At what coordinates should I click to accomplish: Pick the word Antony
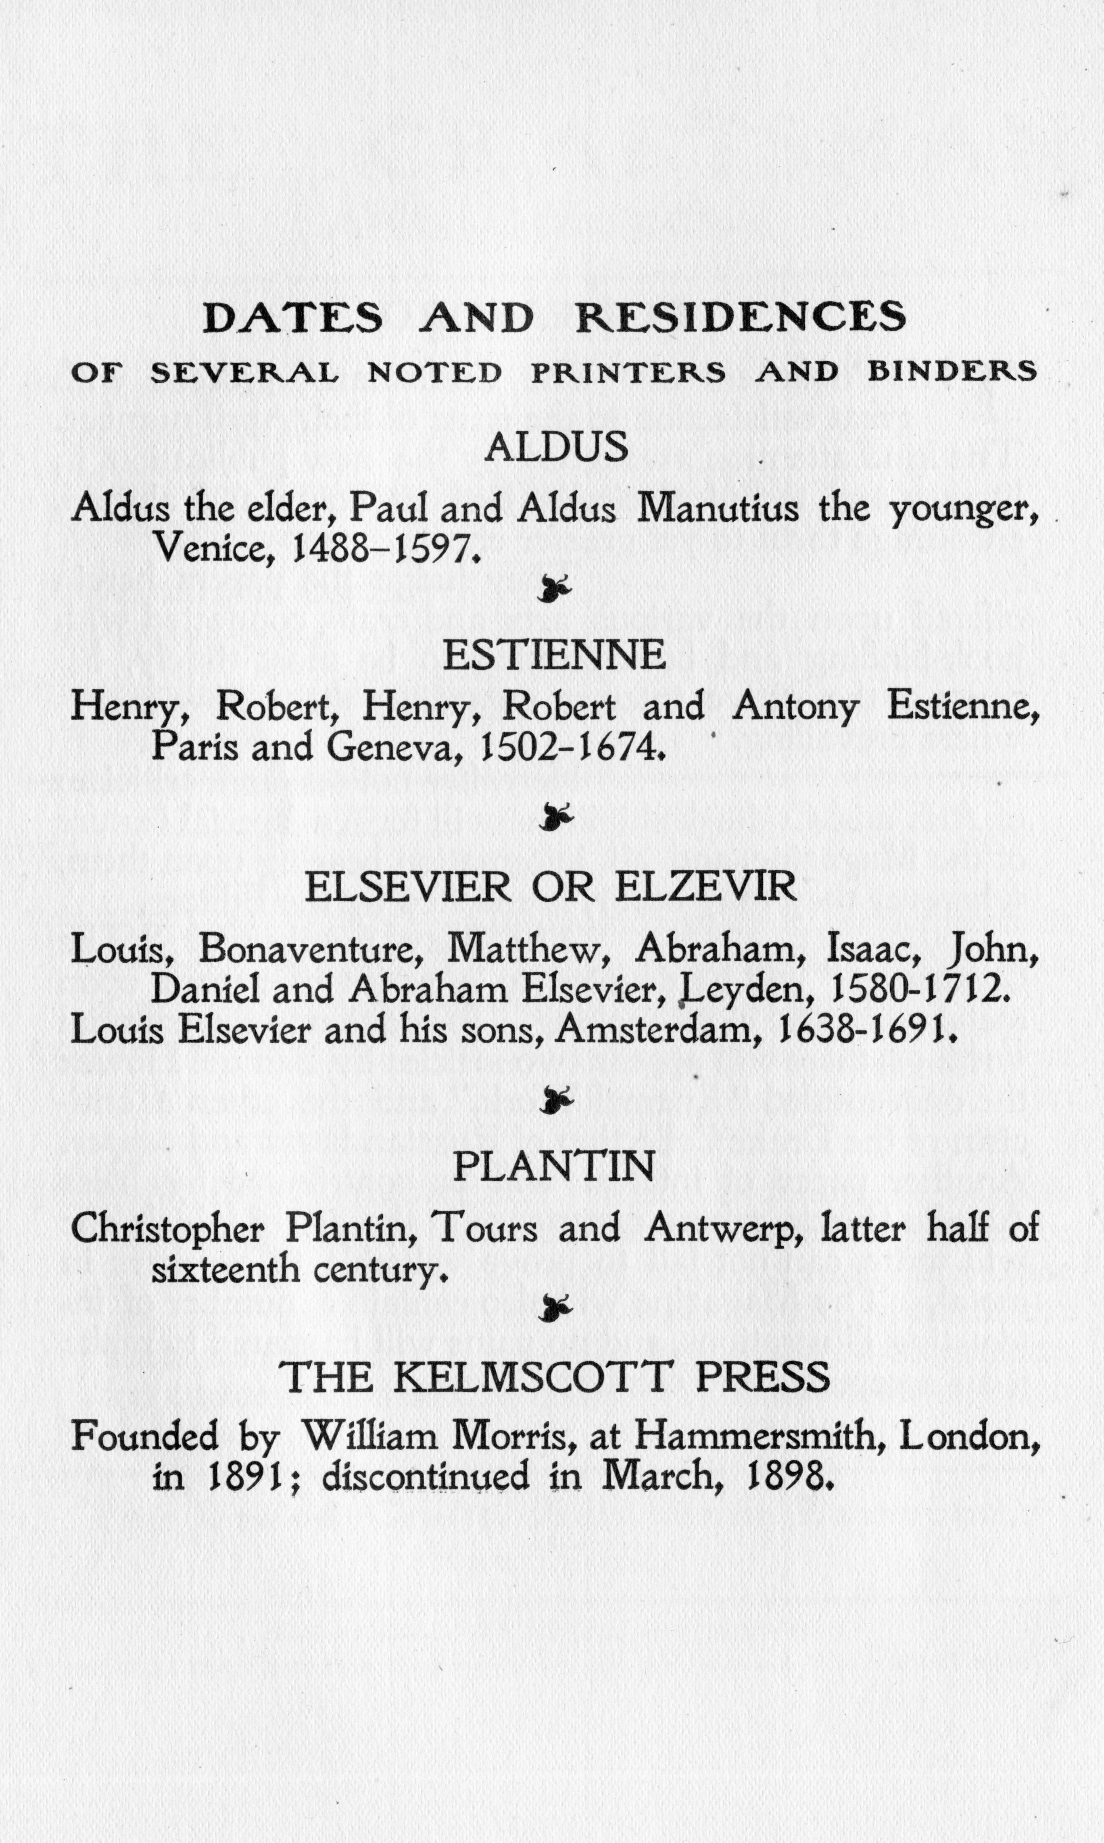(x=795, y=707)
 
